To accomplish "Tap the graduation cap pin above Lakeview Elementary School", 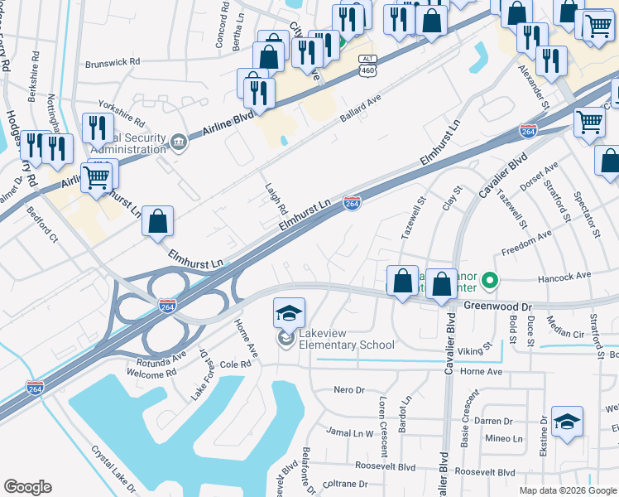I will click(x=290, y=314).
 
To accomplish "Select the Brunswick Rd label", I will click(x=113, y=62).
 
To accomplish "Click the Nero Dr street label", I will click(x=348, y=390).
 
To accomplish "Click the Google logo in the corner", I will click(x=27, y=487).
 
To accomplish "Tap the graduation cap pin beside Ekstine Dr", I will click(x=568, y=422).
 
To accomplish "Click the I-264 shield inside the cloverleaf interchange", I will click(x=168, y=306).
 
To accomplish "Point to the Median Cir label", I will click(x=567, y=333).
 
